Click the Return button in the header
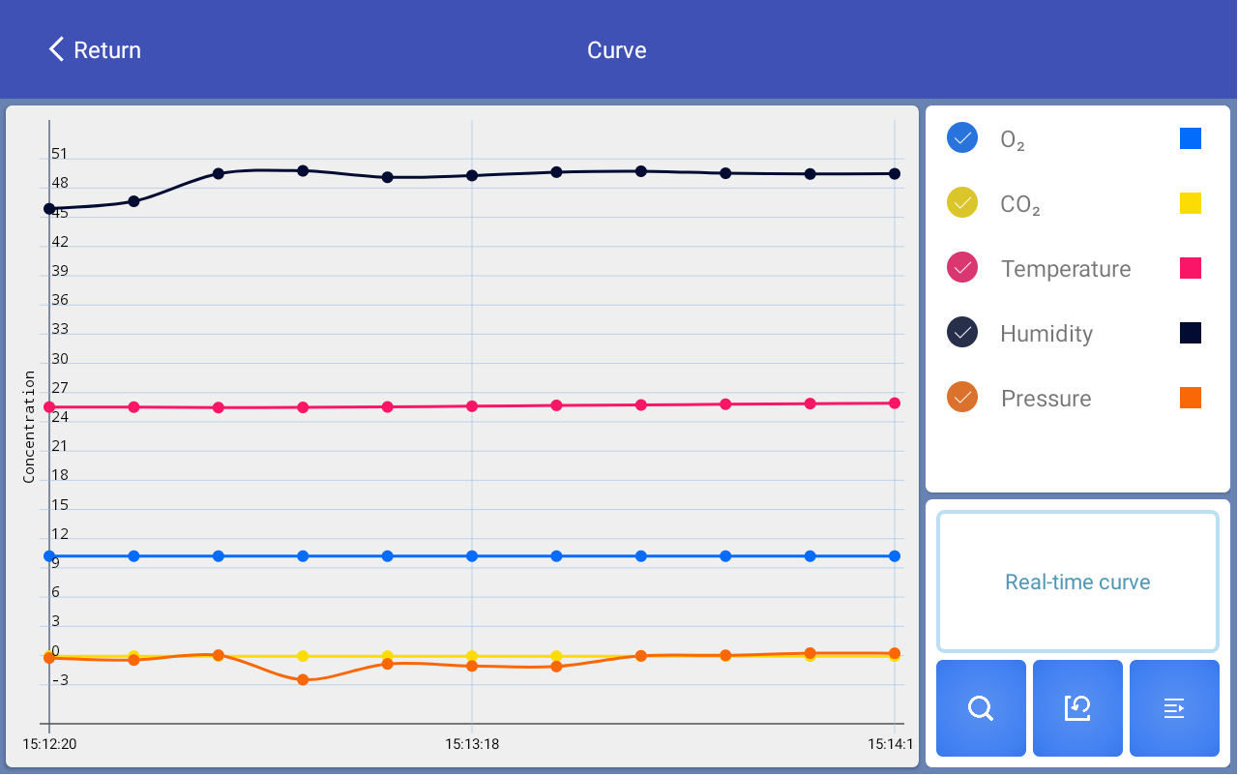tap(95, 50)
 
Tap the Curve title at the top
tap(617, 50)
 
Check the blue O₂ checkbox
tap(962, 137)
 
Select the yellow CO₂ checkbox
tap(962, 202)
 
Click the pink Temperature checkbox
tap(962, 267)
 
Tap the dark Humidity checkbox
tap(962, 332)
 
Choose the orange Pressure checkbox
tap(962, 397)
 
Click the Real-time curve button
tap(1077, 582)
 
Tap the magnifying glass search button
tap(981, 708)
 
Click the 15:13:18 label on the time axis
tap(472, 745)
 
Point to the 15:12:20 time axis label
tap(49, 745)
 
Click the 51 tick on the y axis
tap(60, 154)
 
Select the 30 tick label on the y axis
tap(60, 359)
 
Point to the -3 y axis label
tap(59, 680)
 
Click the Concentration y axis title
tap(29, 427)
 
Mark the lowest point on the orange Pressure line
tap(303, 680)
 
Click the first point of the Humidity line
tap(49, 208)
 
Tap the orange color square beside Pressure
tap(1191, 398)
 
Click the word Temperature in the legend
tap(1066, 269)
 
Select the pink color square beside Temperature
tap(1191, 268)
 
